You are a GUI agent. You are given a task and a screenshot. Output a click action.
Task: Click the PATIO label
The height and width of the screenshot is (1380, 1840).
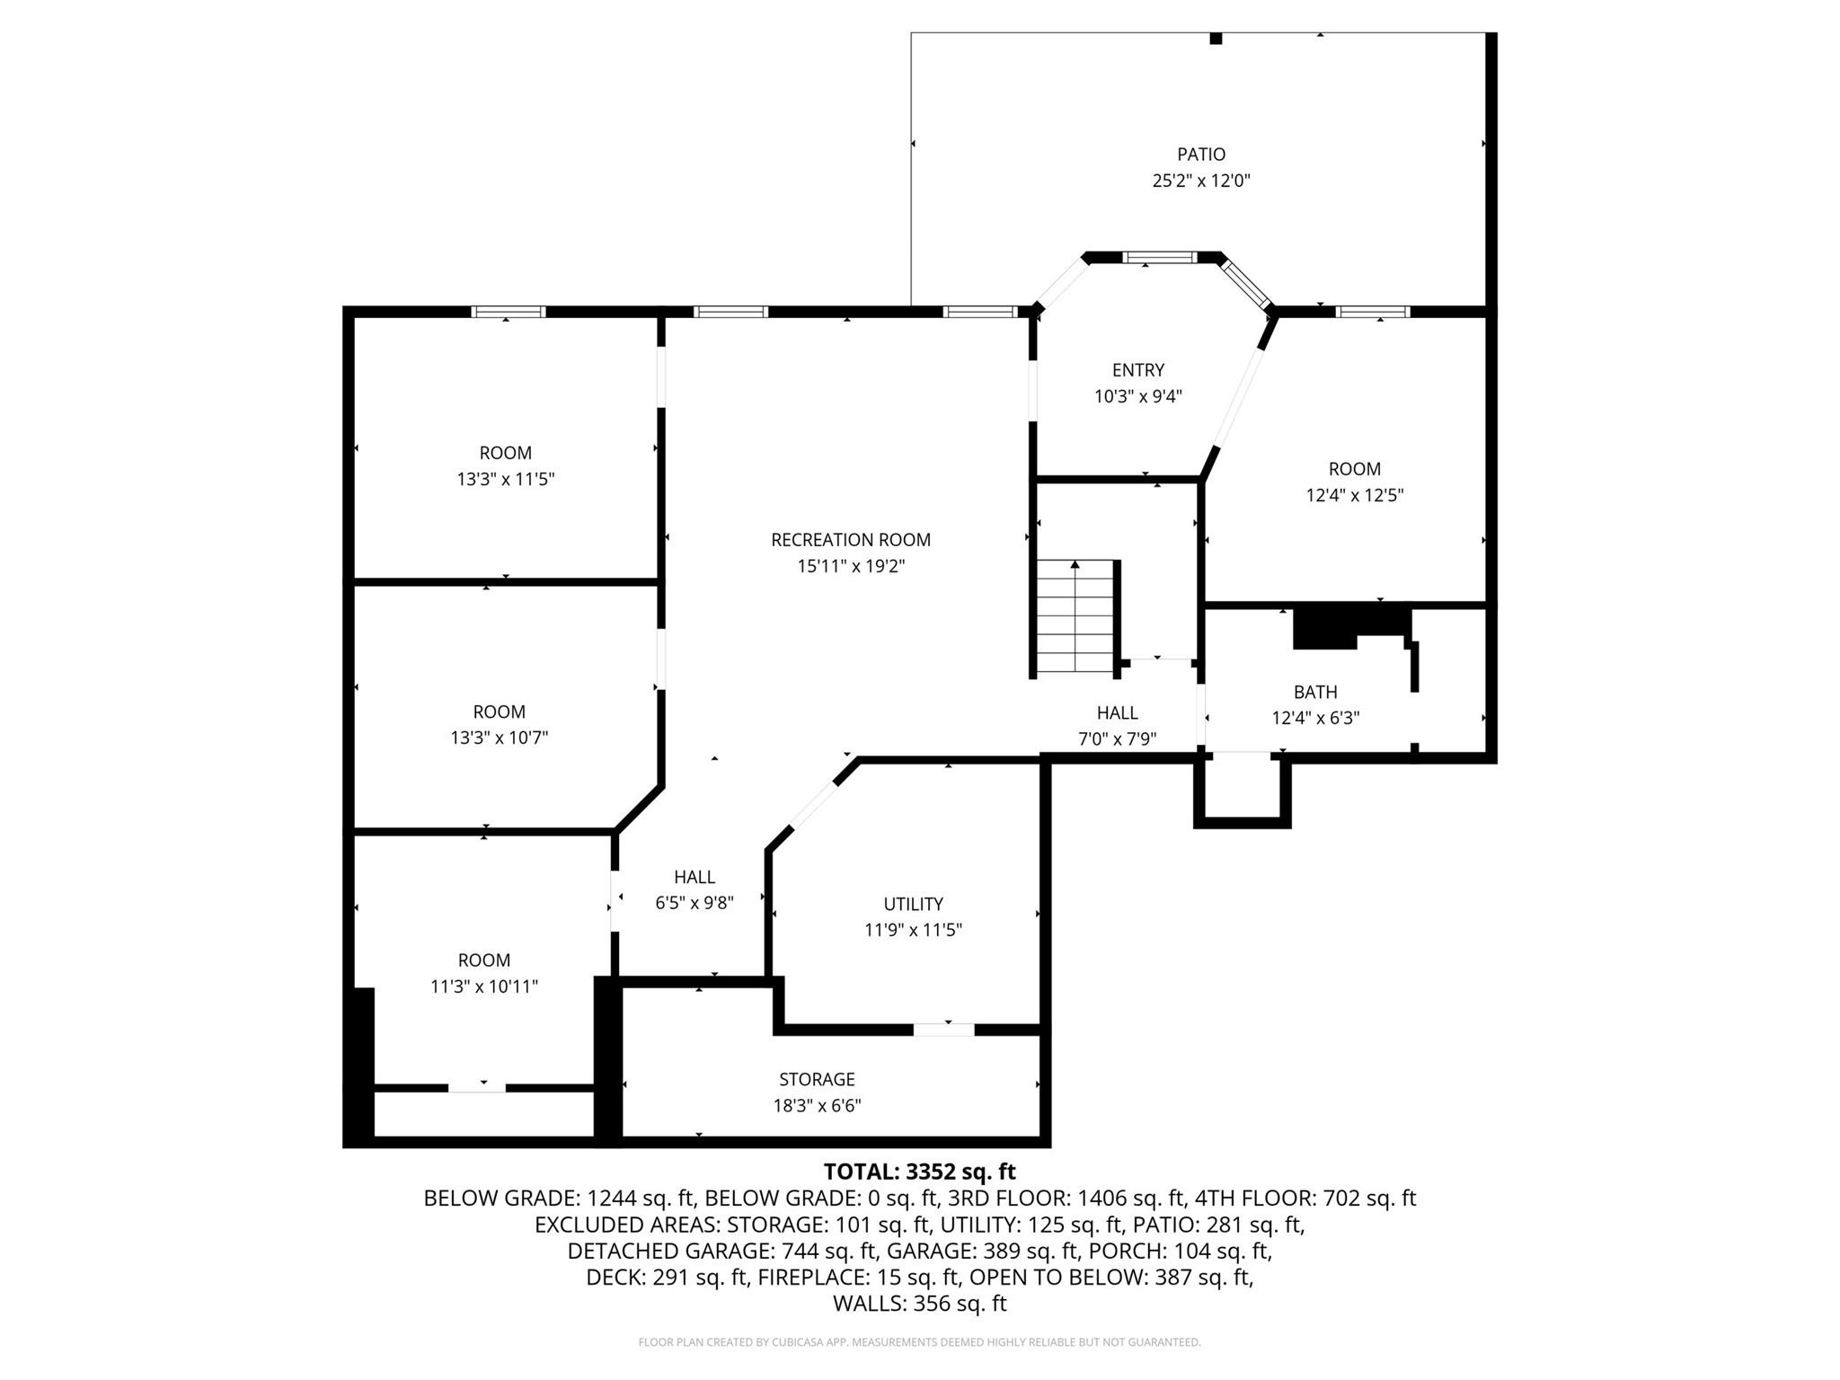coord(1201,155)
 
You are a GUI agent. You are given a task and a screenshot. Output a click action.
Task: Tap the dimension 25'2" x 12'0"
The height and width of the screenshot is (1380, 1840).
coord(1201,181)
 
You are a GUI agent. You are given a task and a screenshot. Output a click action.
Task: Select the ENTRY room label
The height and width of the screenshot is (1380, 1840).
coord(1137,370)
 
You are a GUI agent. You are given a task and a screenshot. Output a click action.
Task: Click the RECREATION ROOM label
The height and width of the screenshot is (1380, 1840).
coord(850,540)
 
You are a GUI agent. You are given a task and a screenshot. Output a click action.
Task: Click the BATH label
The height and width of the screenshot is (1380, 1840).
coord(1314,692)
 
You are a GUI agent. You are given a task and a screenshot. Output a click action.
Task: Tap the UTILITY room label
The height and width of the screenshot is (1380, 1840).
coord(913,904)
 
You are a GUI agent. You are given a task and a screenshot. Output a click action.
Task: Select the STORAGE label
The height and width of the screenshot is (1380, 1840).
coord(817,1079)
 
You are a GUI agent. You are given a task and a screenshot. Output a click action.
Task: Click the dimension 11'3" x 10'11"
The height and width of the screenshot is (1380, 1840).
coord(483,986)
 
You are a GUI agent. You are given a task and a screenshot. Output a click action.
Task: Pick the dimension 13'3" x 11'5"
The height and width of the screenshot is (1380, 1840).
coord(505,479)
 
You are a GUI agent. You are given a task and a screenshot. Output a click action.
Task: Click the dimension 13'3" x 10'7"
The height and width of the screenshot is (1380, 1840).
coord(499,738)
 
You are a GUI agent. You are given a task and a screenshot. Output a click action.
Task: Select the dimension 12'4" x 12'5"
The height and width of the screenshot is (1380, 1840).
coord(1354,495)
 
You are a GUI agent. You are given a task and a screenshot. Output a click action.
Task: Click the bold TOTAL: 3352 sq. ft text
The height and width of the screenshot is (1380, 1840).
coord(919,1172)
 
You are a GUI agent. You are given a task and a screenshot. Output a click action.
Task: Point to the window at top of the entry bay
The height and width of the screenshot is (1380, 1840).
coord(1160,258)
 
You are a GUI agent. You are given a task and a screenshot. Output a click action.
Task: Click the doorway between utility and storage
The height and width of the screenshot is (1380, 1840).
coord(943,1030)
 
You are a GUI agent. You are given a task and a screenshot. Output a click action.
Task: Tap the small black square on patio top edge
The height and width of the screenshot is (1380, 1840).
coord(1216,39)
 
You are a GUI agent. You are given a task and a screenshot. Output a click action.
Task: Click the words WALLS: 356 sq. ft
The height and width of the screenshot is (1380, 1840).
coord(919,1304)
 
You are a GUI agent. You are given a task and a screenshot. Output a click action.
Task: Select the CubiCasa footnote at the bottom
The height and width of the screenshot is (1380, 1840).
coord(919,1342)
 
